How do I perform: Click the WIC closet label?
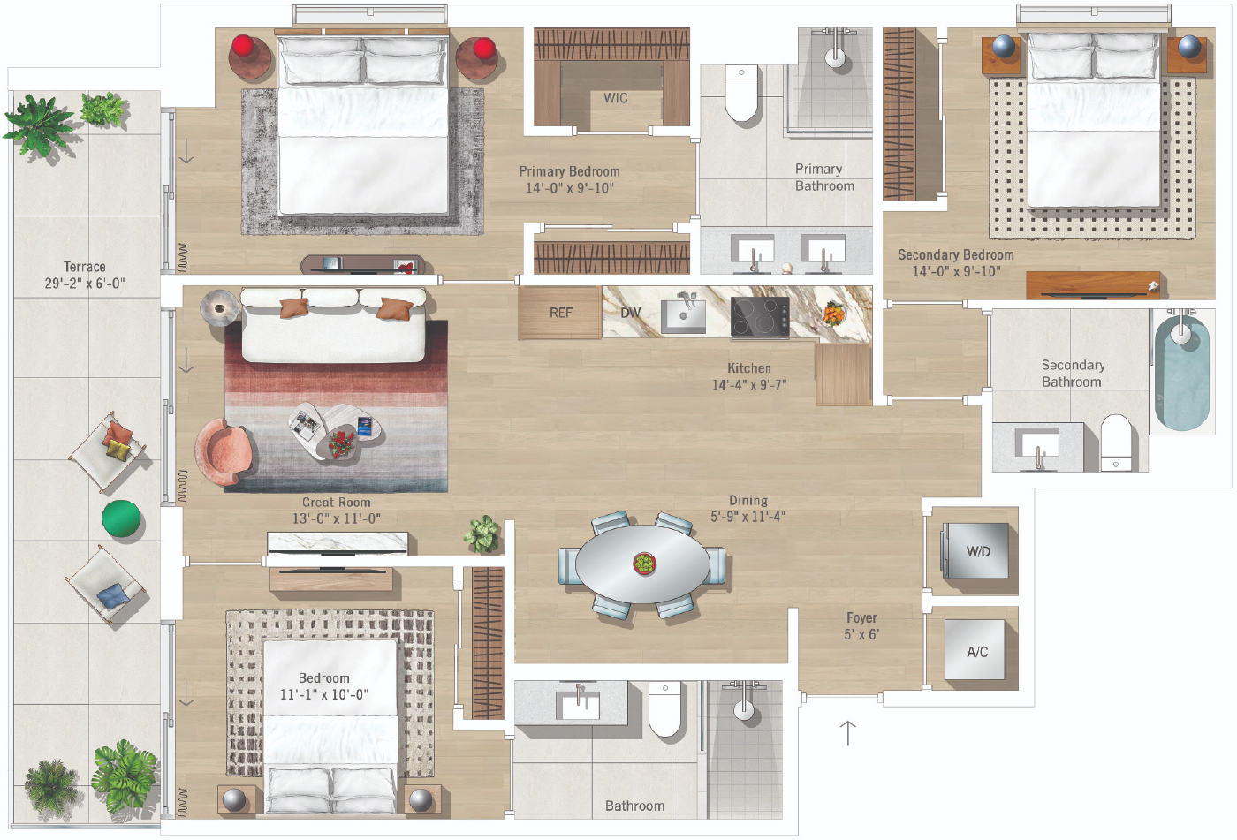[x=615, y=98]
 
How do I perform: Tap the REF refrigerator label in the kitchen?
[x=560, y=313]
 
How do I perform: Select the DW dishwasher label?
[x=630, y=313]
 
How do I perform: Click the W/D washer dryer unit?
[x=975, y=551]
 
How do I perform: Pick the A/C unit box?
[x=975, y=650]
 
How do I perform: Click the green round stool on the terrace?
[x=121, y=518]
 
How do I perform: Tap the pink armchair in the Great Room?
[x=222, y=452]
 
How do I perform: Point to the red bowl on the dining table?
[x=644, y=564]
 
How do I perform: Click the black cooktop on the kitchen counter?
[x=760, y=316]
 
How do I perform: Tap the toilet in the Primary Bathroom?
[x=741, y=93]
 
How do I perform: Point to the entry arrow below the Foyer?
[x=848, y=733]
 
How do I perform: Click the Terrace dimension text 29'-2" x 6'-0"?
[x=85, y=284]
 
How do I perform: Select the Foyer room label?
[x=861, y=618]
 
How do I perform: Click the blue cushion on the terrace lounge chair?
[x=113, y=596]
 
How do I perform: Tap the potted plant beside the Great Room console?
[x=482, y=534]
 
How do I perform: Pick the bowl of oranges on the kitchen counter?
[x=833, y=314]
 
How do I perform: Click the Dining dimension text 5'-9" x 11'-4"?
[x=748, y=517]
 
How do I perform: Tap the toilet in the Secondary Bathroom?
[x=1116, y=443]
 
